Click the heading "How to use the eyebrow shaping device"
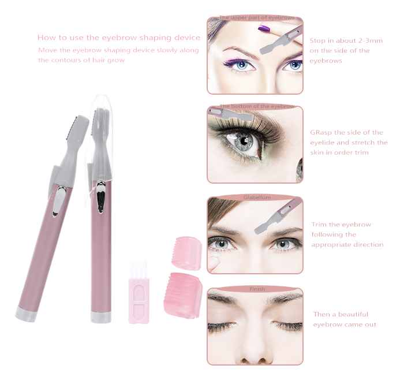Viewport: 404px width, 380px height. tap(119, 38)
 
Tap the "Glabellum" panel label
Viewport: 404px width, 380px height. tap(257, 198)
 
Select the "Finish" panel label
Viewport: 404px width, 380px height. tap(257, 289)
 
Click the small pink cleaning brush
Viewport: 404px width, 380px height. tap(139, 292)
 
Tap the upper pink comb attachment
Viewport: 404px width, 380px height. tap(187, 253)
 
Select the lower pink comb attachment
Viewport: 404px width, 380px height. tap(183, 295)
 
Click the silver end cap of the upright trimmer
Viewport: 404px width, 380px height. tap(101, 317)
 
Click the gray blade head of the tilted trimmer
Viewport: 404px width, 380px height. tap(77, 129)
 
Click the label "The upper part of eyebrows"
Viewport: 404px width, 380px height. tap(257, 17)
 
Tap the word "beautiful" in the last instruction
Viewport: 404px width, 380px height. tap(353, 315)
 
